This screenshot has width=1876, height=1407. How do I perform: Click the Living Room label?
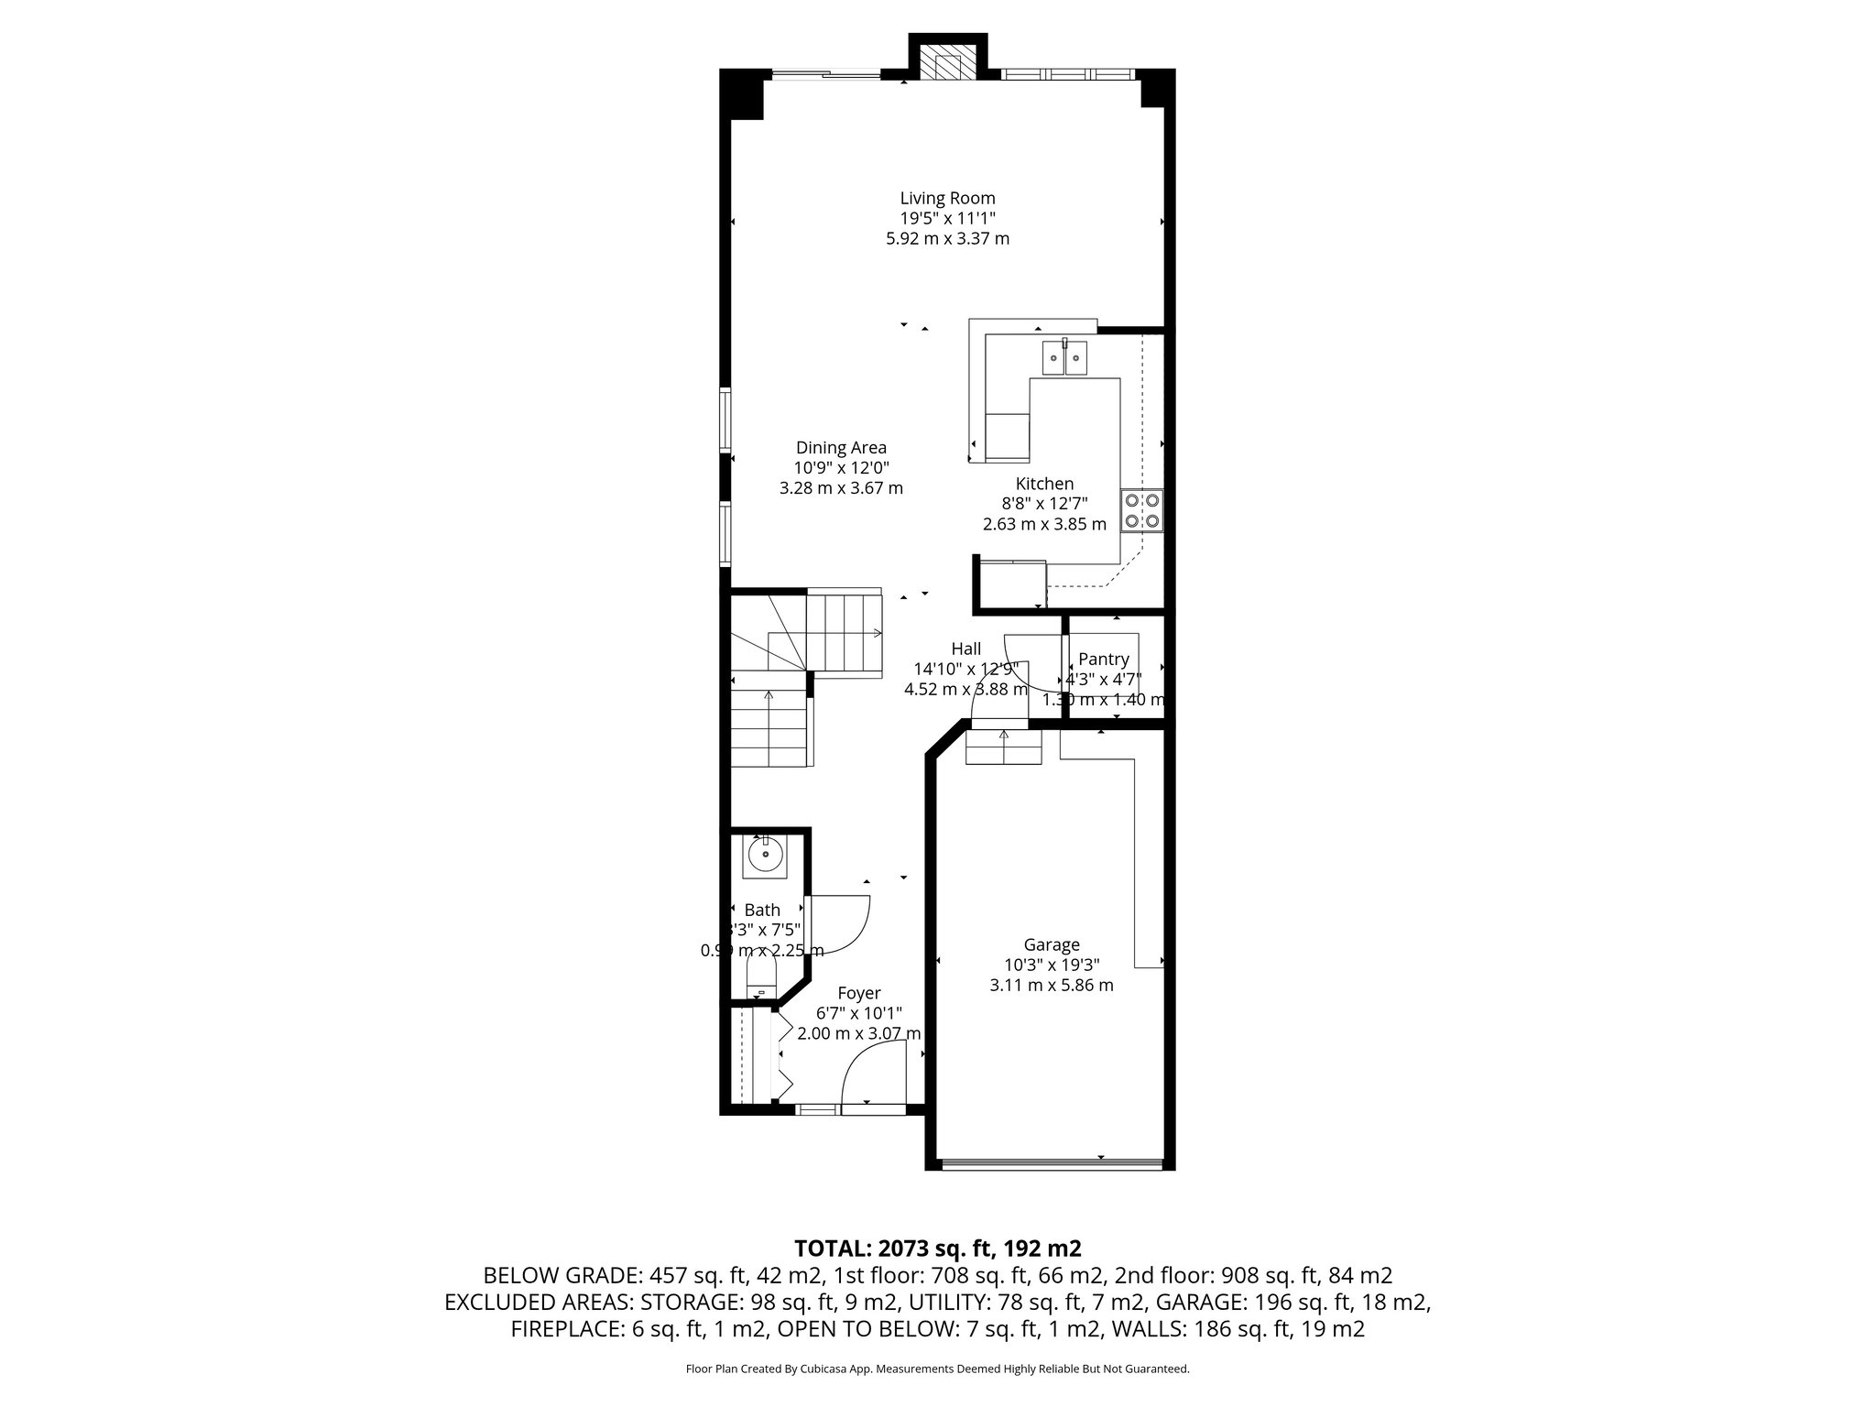[947, 198]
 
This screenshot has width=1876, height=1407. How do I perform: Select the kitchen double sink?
[1064, 358]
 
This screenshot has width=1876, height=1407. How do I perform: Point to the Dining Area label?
[841, 448]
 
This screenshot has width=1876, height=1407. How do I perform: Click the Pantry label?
[1103, 660]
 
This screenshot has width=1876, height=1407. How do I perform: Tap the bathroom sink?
[764, 856]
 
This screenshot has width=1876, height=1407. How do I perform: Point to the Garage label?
[1052, 945]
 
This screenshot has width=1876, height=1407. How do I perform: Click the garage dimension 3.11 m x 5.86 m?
[1052, 986]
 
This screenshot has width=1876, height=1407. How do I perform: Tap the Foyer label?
[859, 994]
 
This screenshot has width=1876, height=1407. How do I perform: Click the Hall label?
[965, 649]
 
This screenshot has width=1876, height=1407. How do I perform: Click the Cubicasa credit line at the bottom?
[937, 1369]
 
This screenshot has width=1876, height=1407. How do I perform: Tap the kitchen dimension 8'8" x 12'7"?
[1044, 504]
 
